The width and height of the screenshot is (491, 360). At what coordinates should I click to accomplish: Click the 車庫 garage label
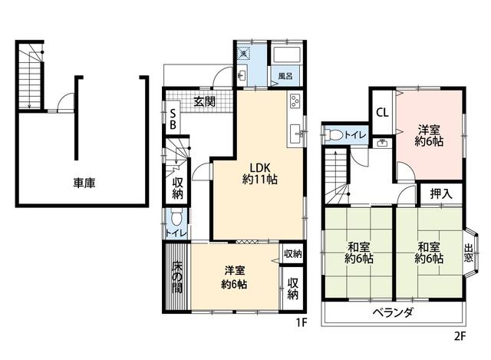[84, 183]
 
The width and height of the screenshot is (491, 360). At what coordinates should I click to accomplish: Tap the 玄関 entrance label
[204, 101]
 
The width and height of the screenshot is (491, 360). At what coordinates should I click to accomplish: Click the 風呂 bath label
[285, 77]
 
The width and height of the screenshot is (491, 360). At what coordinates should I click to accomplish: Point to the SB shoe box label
[173, 118]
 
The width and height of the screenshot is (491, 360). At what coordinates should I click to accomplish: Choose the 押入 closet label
[440, 194]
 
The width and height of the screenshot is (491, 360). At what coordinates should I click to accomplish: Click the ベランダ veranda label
[394, 312]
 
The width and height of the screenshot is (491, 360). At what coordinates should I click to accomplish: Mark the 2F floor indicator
[460, 335]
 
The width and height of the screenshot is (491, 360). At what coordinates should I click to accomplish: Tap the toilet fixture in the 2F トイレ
[332, 135]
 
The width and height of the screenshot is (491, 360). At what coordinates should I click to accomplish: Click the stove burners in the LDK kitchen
[295, 102]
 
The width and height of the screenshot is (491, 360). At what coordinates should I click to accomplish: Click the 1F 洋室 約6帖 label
[235, 277]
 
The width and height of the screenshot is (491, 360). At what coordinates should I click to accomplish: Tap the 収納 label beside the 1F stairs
[176, 187]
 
